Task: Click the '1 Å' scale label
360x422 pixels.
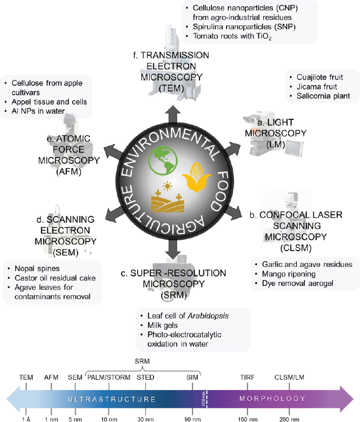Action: point(26,419)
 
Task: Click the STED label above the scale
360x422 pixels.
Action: point(145,377)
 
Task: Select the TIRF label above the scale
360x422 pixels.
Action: point(248,377)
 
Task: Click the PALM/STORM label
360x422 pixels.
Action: point(108,377)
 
